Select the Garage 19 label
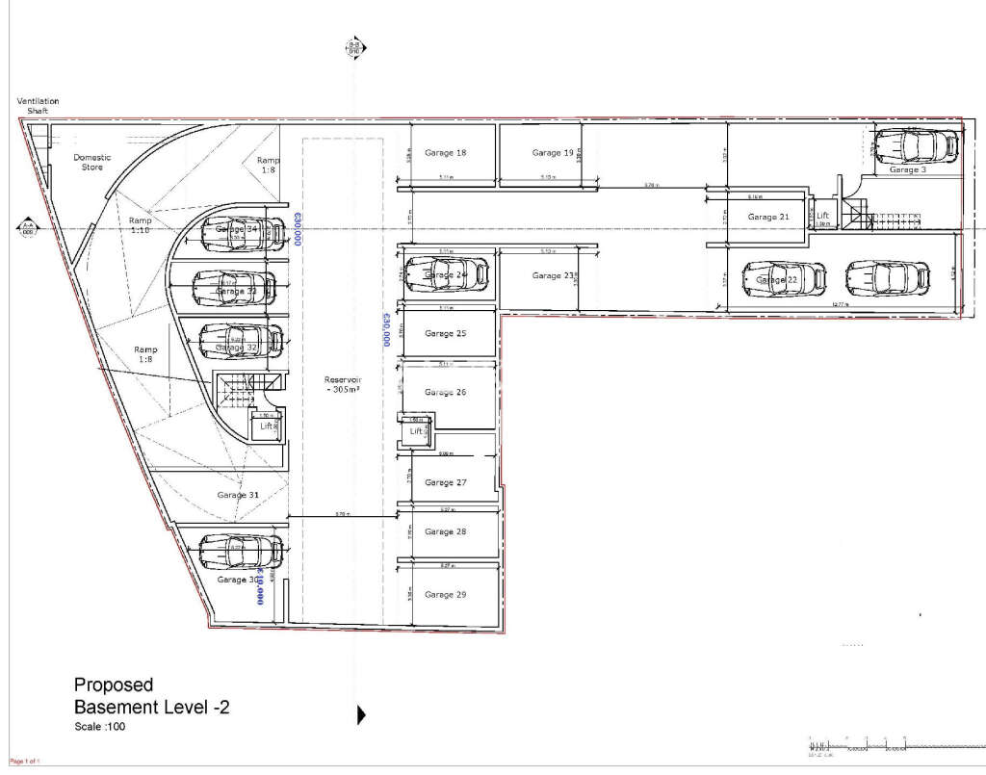click(x=553, y=153)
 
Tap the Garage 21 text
click(x=768, y=217)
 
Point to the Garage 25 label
click(x=446, y=333)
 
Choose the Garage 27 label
click(x=446, y=482)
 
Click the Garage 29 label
click(x=446, y=594)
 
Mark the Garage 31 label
click(x=238, y=495)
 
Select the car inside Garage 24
click(x=446, y=274)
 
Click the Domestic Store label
click(x=92, y=162)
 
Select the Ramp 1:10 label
click(x=141, y=224)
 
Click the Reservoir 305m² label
click(x=342, y=385)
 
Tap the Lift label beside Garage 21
click(x=823, y=217)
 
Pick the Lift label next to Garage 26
click(x=416, y=432)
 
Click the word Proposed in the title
click(x=114, y=685)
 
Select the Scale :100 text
click(x=99, y=727)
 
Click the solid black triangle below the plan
click(x=362, y=714)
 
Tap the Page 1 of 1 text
click(x=24, y=762)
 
